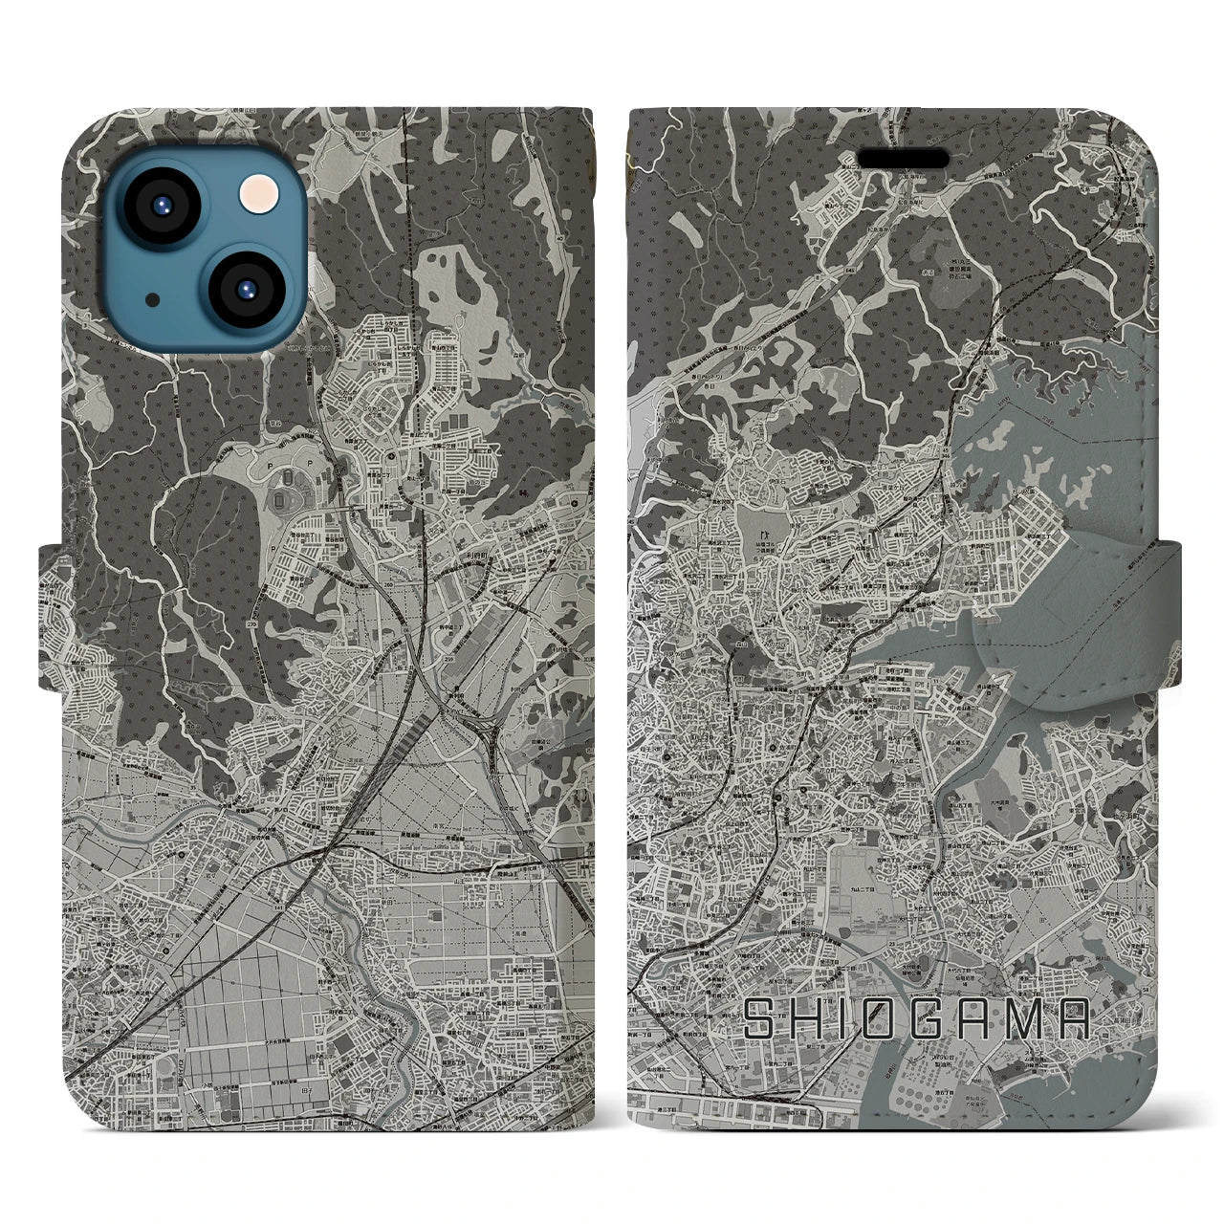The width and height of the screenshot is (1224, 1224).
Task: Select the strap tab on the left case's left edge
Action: click(54, 616)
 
